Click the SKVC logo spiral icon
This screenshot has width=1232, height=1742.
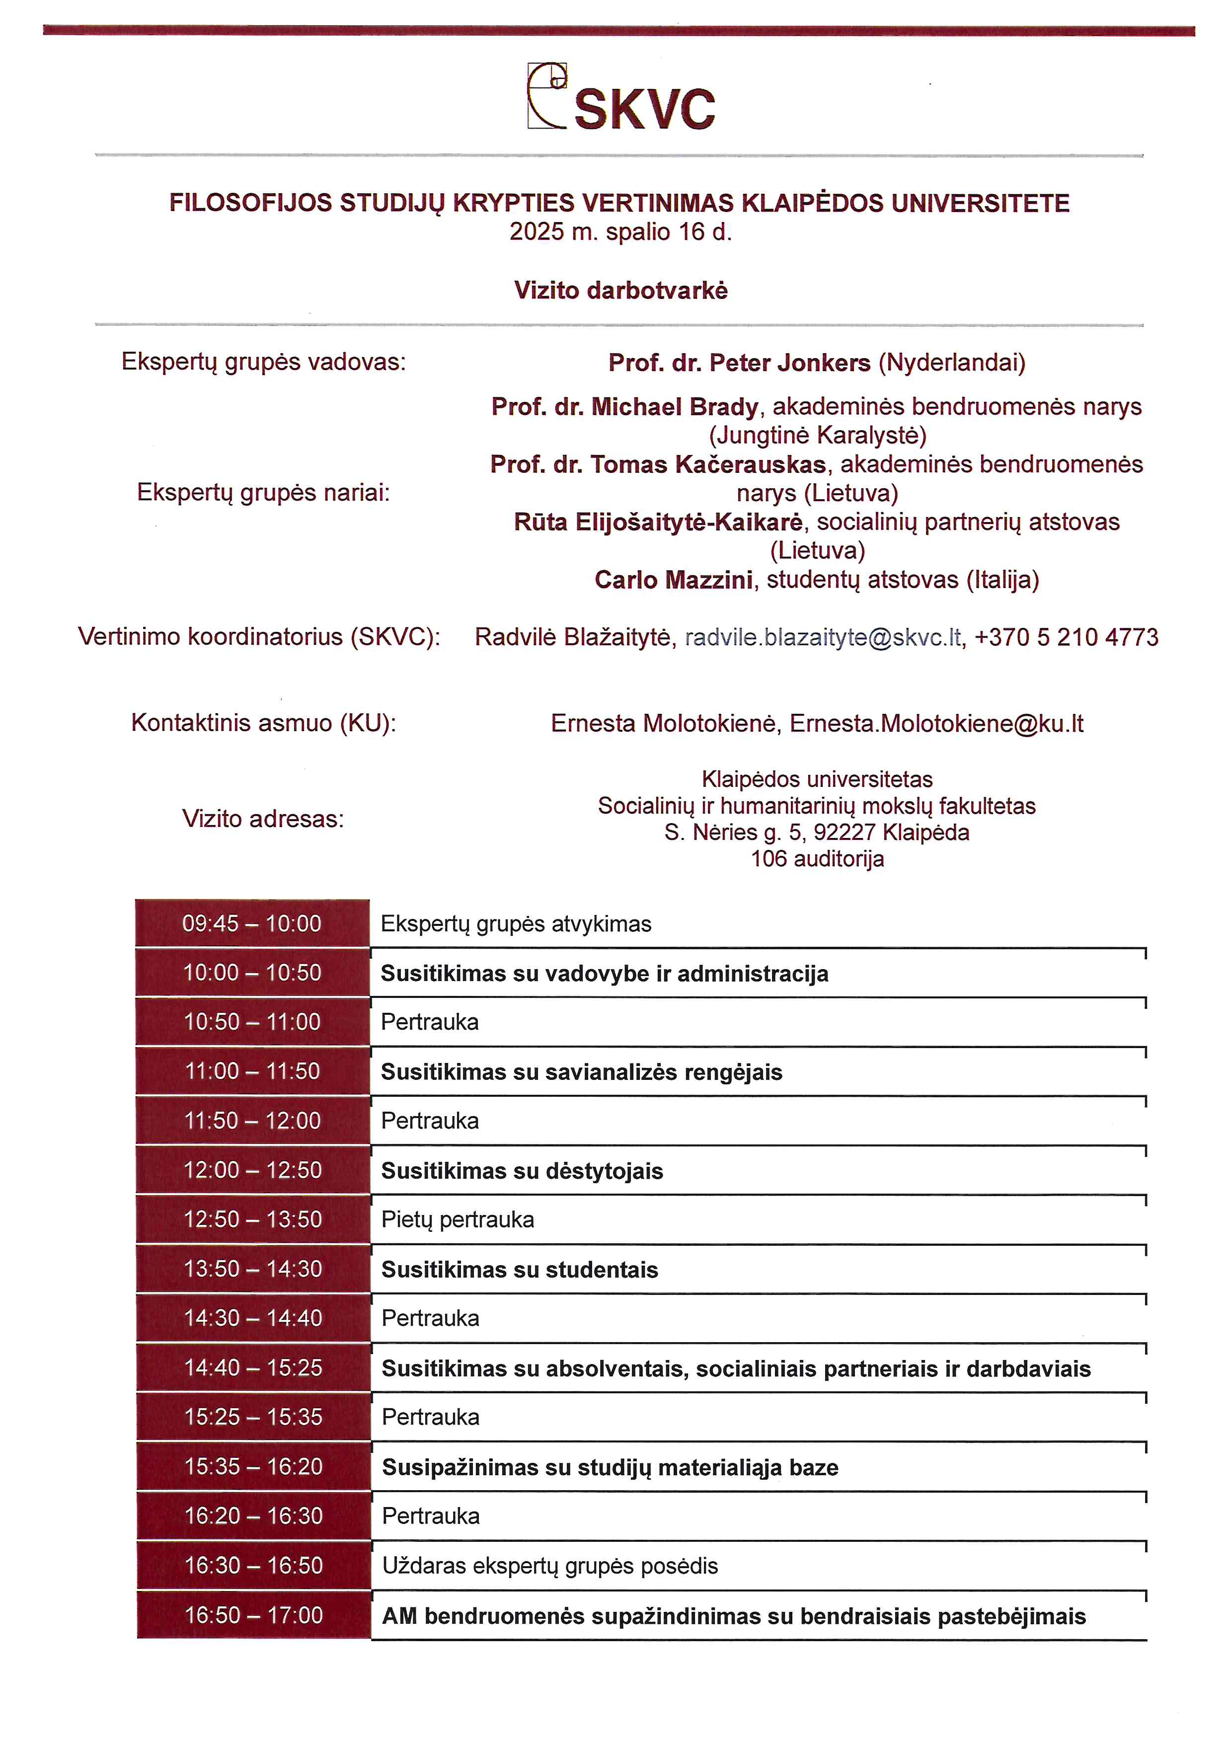tap(547, 95)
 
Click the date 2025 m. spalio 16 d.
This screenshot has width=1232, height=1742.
tap(620, 231)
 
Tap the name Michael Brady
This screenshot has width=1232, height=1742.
tap(675, 407)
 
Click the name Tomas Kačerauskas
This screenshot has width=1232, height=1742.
tap(708, 464)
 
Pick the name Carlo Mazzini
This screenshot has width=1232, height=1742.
tap(673, 580)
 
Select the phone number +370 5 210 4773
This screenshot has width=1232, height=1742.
tap(1066, 637)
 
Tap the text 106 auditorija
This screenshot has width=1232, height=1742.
tap(817, 859)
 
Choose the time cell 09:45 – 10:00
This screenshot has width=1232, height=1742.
tap(252, 923)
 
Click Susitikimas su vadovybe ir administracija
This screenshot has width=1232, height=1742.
tap(604, 974)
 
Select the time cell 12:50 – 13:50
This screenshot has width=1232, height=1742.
tap(253, 1219)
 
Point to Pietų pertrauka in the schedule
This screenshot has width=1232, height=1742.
tap(458, 1219)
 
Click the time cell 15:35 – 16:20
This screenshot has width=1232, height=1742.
tap(253, 1467)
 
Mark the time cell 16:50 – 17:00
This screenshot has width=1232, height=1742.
tap(253, 1615)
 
